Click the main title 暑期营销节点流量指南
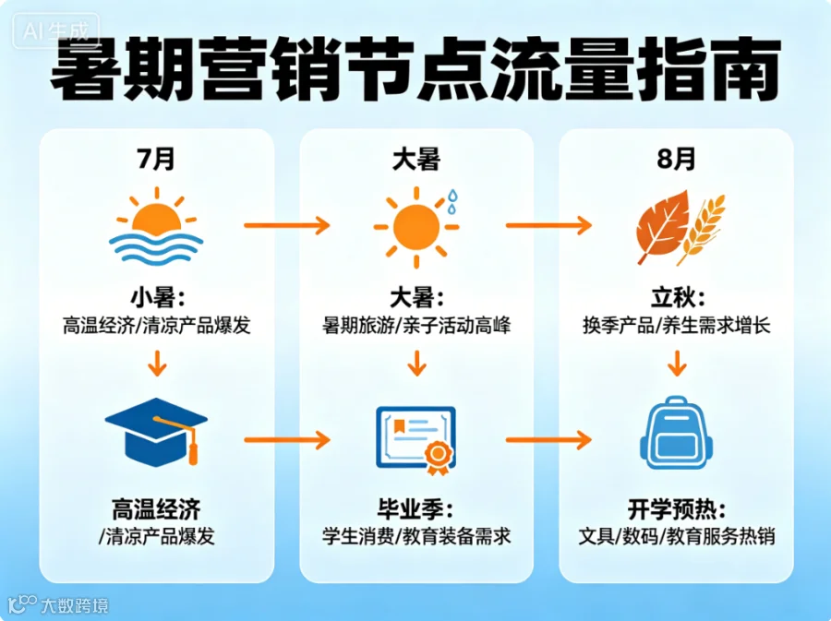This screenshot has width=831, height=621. click(x=415, y=69)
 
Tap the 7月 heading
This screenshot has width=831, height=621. click(x=156, y=159)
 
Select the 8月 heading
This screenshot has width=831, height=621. click(x=676, y=159)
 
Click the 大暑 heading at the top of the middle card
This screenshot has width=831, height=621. click(x=416, y=159)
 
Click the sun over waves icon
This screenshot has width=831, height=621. click(x=156, y=226)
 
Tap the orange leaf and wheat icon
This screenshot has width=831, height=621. click(x=680, y=227)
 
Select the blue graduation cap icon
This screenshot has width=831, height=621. click(x=156, y=432)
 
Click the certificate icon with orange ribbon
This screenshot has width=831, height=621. click(x=416, y=439)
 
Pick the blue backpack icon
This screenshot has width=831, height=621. click(x=676, y=433)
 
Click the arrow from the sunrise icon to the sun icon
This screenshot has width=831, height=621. click(x=287, y=225)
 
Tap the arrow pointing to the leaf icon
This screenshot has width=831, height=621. click(x=548, y=225)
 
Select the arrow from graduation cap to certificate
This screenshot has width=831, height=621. click(x=287, y=439)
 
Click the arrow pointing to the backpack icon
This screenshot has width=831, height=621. click(x=548, y=439)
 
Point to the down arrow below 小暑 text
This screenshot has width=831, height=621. click(x=157, y=363)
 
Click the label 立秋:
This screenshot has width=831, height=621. click(x=678, y=298)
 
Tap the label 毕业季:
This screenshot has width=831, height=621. click(x=416, y=509)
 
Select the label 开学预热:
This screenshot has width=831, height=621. click(x=677, y=509)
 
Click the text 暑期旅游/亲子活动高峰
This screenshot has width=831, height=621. click(x=416, y=325)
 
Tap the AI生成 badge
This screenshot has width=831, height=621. click(x=55, y=30)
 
